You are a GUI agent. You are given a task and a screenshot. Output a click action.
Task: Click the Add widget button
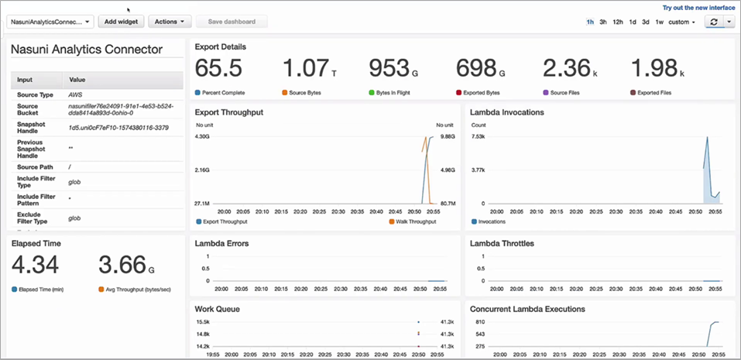click(121, 22)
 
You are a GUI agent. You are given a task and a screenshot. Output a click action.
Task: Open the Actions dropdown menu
click(170, 22)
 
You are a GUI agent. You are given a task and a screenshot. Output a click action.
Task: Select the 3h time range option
click(603, 22)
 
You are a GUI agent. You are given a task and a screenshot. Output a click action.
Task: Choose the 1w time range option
click(659, 22)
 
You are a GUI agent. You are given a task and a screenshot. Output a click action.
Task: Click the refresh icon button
click(713, 22)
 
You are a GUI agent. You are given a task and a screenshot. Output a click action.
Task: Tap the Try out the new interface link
click(698, 7)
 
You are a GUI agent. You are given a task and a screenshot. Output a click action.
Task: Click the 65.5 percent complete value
click(218, 68)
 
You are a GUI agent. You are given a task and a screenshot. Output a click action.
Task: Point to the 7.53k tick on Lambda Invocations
click(479, 137)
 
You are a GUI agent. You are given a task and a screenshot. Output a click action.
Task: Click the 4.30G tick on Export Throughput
click(202, 137)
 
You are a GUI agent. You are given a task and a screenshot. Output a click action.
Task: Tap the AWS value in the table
click(76, 94)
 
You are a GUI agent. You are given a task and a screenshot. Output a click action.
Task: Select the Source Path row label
click(35, 167)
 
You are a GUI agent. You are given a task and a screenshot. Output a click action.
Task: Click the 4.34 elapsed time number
click(35, 264)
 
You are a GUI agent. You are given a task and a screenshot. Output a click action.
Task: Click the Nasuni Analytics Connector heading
click(87, 50)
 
